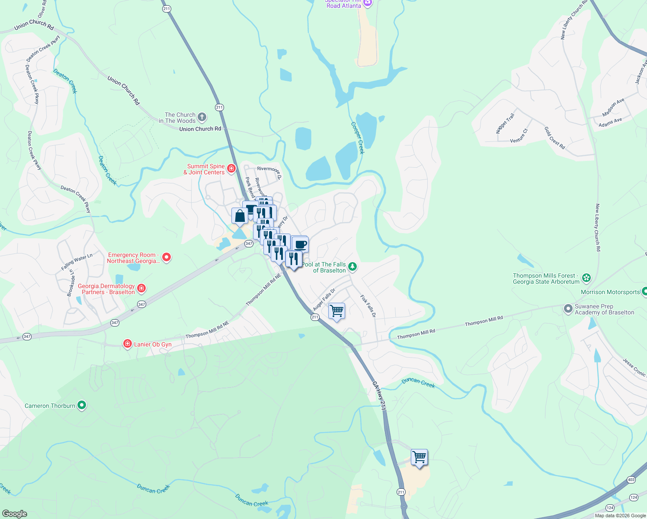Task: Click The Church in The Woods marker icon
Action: pyautogui.click(x=202, y=117)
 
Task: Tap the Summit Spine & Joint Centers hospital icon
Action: pyautogui.click(x=231, y=168)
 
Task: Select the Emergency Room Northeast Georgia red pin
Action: pyautogui.click(x=166, y=257)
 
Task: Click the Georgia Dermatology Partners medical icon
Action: pyautogui.click(x=141, y=288)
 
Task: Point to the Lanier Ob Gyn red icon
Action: pyautogui.click(x=127, y=344)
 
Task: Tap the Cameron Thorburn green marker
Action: pyautogui.click(x=82, y=405)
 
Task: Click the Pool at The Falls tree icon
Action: pyautogui.click(x=352, y=266)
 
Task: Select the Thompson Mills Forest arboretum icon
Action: pyautogui.click(x=586, y=278)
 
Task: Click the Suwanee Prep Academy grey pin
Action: pyautogui.click(x=568, y=309)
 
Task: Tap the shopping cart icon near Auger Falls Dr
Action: pyautogui.click(x=336, y=311)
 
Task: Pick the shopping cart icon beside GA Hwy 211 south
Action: pyautogui.click(x=419, y=457)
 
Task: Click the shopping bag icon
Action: pyautogui.click(x=240, y=215)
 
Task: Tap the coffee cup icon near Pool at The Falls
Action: pyautogui.click(x=300, y=244)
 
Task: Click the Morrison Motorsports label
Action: pyautogui.click(x=610, y=292)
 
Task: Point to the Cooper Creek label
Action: pyautogui.click(x=358, y=138)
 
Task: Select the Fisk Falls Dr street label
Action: pyautogui.click(x=368, y=307)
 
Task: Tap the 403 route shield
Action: pyautogui.click(x=631, y=480)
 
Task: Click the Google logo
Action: pyautogui.click(x=14, y=514)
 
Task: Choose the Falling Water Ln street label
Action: pyautogui.click(x=77, y=262)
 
